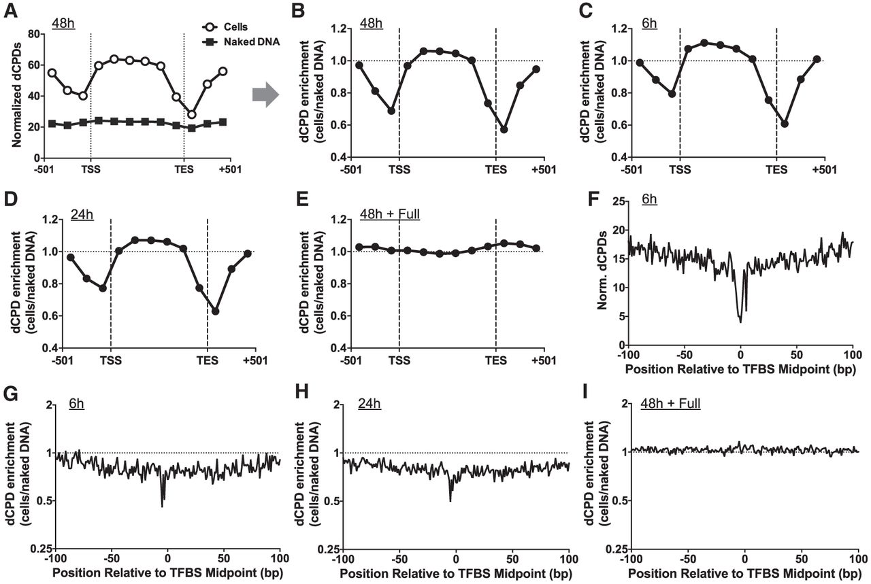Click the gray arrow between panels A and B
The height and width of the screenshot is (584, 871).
pyautogui.click(x=265, y=95)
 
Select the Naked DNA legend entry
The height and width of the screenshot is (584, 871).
pyautogui.click(x=241, y=41)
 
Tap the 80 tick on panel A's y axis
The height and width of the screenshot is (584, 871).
pyautogui.click(x=33, y=34)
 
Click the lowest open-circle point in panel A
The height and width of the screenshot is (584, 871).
pyautogui.click(x=191, y=115)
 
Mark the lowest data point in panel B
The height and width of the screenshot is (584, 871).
pyautogui.click(x=504, y=129)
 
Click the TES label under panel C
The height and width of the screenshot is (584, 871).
pyautogui.click(x=776, y=170)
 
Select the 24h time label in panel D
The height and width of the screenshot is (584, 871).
pyautogui.click(x=82, y=214)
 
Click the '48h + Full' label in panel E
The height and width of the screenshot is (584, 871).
pyautogui.click(x=390, y=214)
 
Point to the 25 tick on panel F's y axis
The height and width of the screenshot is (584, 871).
pyautogui.click(x=619, y=201)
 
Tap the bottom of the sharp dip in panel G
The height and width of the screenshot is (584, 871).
pyautogui.click(x=162, y=506)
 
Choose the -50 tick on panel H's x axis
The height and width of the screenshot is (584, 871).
pyautogui.click(x=399, y=559)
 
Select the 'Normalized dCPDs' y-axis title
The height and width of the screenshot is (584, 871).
pyautogui.click(x=16, y=94)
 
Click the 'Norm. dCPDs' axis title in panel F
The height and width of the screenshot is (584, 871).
pyautogui.click(x=602, y=270)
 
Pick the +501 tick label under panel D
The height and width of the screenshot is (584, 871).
pyautogui.click(x=255, y=360)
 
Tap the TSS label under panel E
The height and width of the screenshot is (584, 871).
pyautogui.click(x=399, y=360)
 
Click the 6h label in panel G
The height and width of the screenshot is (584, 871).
pyautogui.click(x=77, y=404)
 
